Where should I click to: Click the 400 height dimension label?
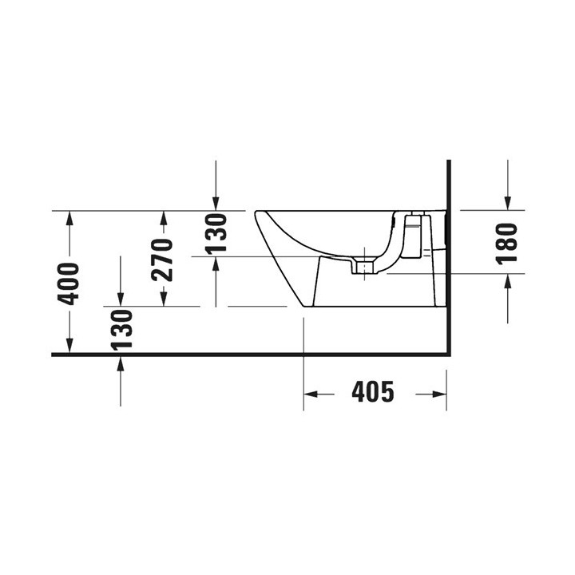70,283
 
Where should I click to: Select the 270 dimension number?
163,260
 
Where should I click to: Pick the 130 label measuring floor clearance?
120,329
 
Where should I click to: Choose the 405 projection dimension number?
373,393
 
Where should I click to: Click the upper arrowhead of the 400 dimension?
70,217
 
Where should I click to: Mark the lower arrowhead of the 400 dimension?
70,347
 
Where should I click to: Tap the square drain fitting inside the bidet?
365,267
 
